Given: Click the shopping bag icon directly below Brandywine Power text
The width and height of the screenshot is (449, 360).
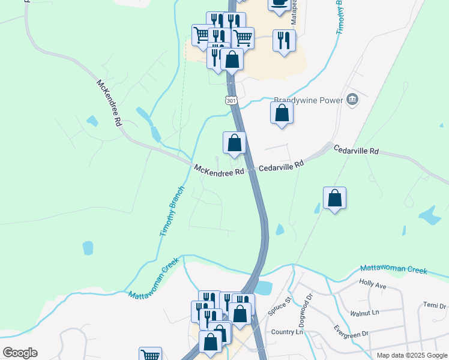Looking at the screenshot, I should point(282,113).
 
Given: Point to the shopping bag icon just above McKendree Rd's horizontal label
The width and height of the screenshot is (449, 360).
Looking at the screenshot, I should point(235,143).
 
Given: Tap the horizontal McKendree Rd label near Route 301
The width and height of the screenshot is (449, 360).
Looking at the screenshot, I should point(219,170).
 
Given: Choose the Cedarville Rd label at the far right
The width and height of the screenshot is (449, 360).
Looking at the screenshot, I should point(357,151).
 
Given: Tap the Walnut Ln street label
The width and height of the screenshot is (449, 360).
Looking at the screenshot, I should point(366,313).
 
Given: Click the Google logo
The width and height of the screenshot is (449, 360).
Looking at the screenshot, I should point(20,353).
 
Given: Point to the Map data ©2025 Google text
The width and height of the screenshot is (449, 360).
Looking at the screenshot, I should point(411,355).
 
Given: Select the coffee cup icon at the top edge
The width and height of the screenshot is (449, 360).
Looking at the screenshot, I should point(279,4).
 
